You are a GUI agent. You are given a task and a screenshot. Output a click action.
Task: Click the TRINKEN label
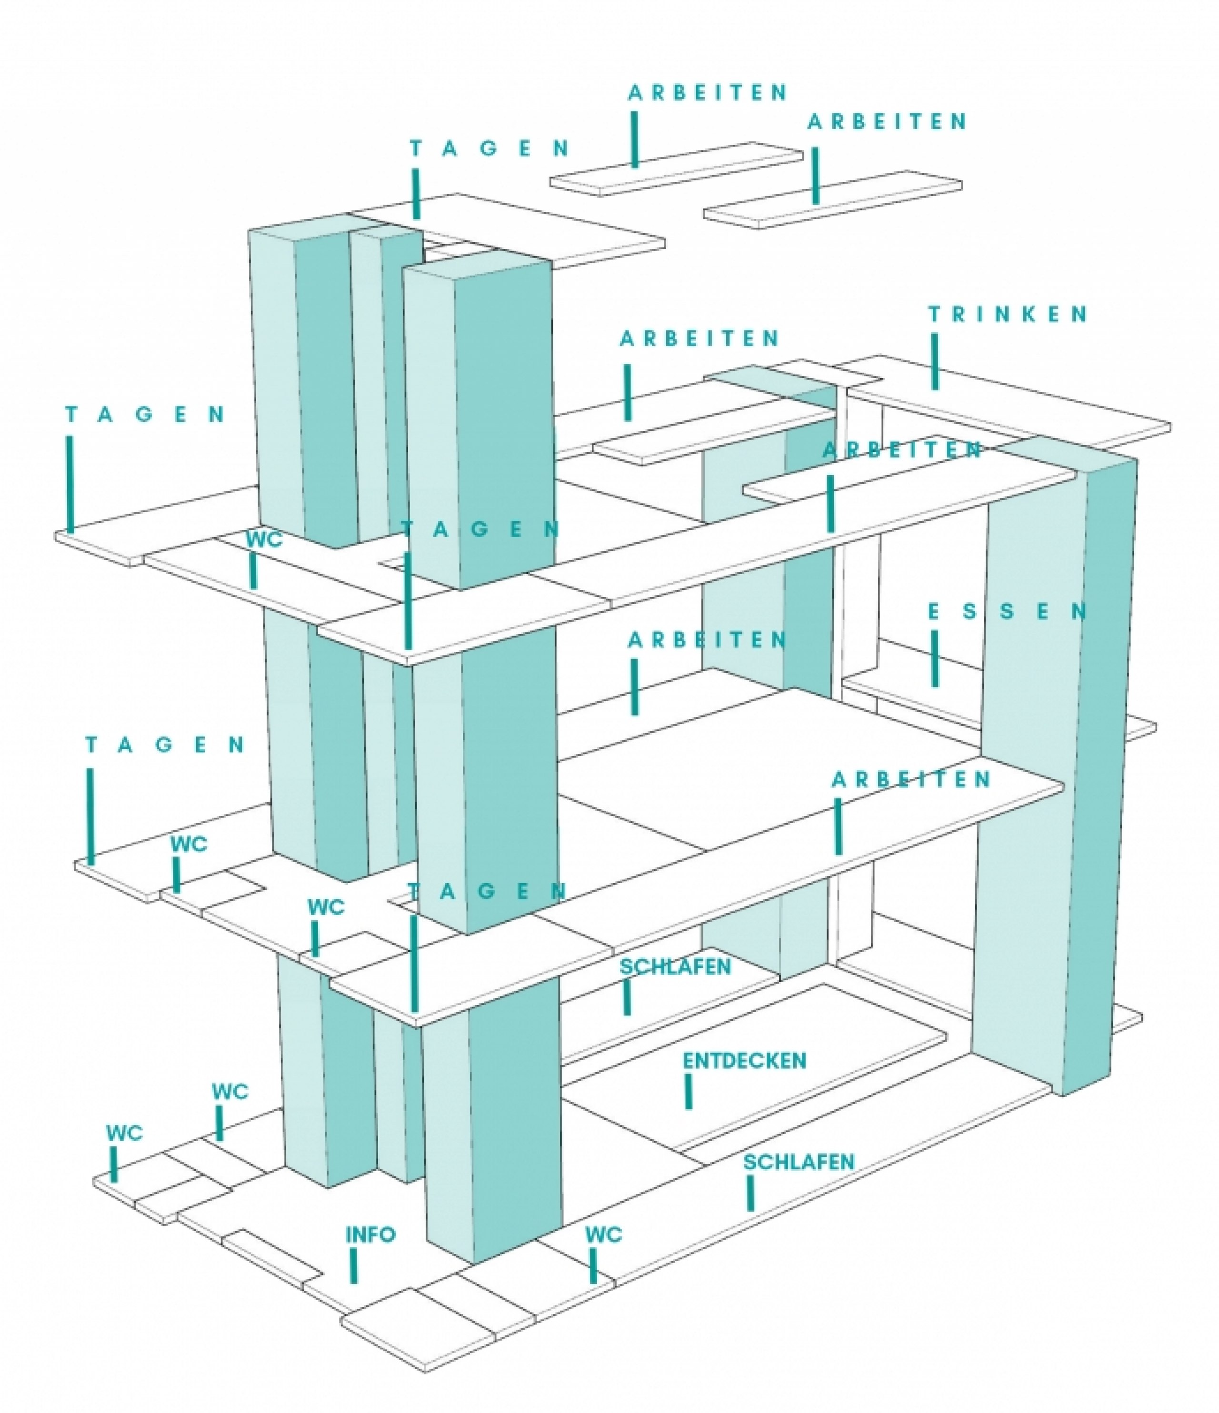tap(1008, 314)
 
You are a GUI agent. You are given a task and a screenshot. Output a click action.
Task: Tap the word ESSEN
tap(1008, 612)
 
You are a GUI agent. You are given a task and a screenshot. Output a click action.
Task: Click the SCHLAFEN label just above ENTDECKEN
tap(675, 966)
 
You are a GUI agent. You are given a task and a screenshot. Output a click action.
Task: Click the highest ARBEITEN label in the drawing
tap(708, 93)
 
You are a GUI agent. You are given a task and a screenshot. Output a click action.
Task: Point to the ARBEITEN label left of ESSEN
tap(708, 640)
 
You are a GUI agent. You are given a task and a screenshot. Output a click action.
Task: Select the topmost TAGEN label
tap(490, 148)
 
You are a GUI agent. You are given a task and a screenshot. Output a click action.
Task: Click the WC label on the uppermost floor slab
tap(264, 539)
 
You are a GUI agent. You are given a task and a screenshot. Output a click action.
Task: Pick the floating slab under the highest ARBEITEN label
tap(677, 169)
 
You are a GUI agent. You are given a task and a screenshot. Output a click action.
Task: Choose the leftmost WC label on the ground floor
tap(124, 1134)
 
